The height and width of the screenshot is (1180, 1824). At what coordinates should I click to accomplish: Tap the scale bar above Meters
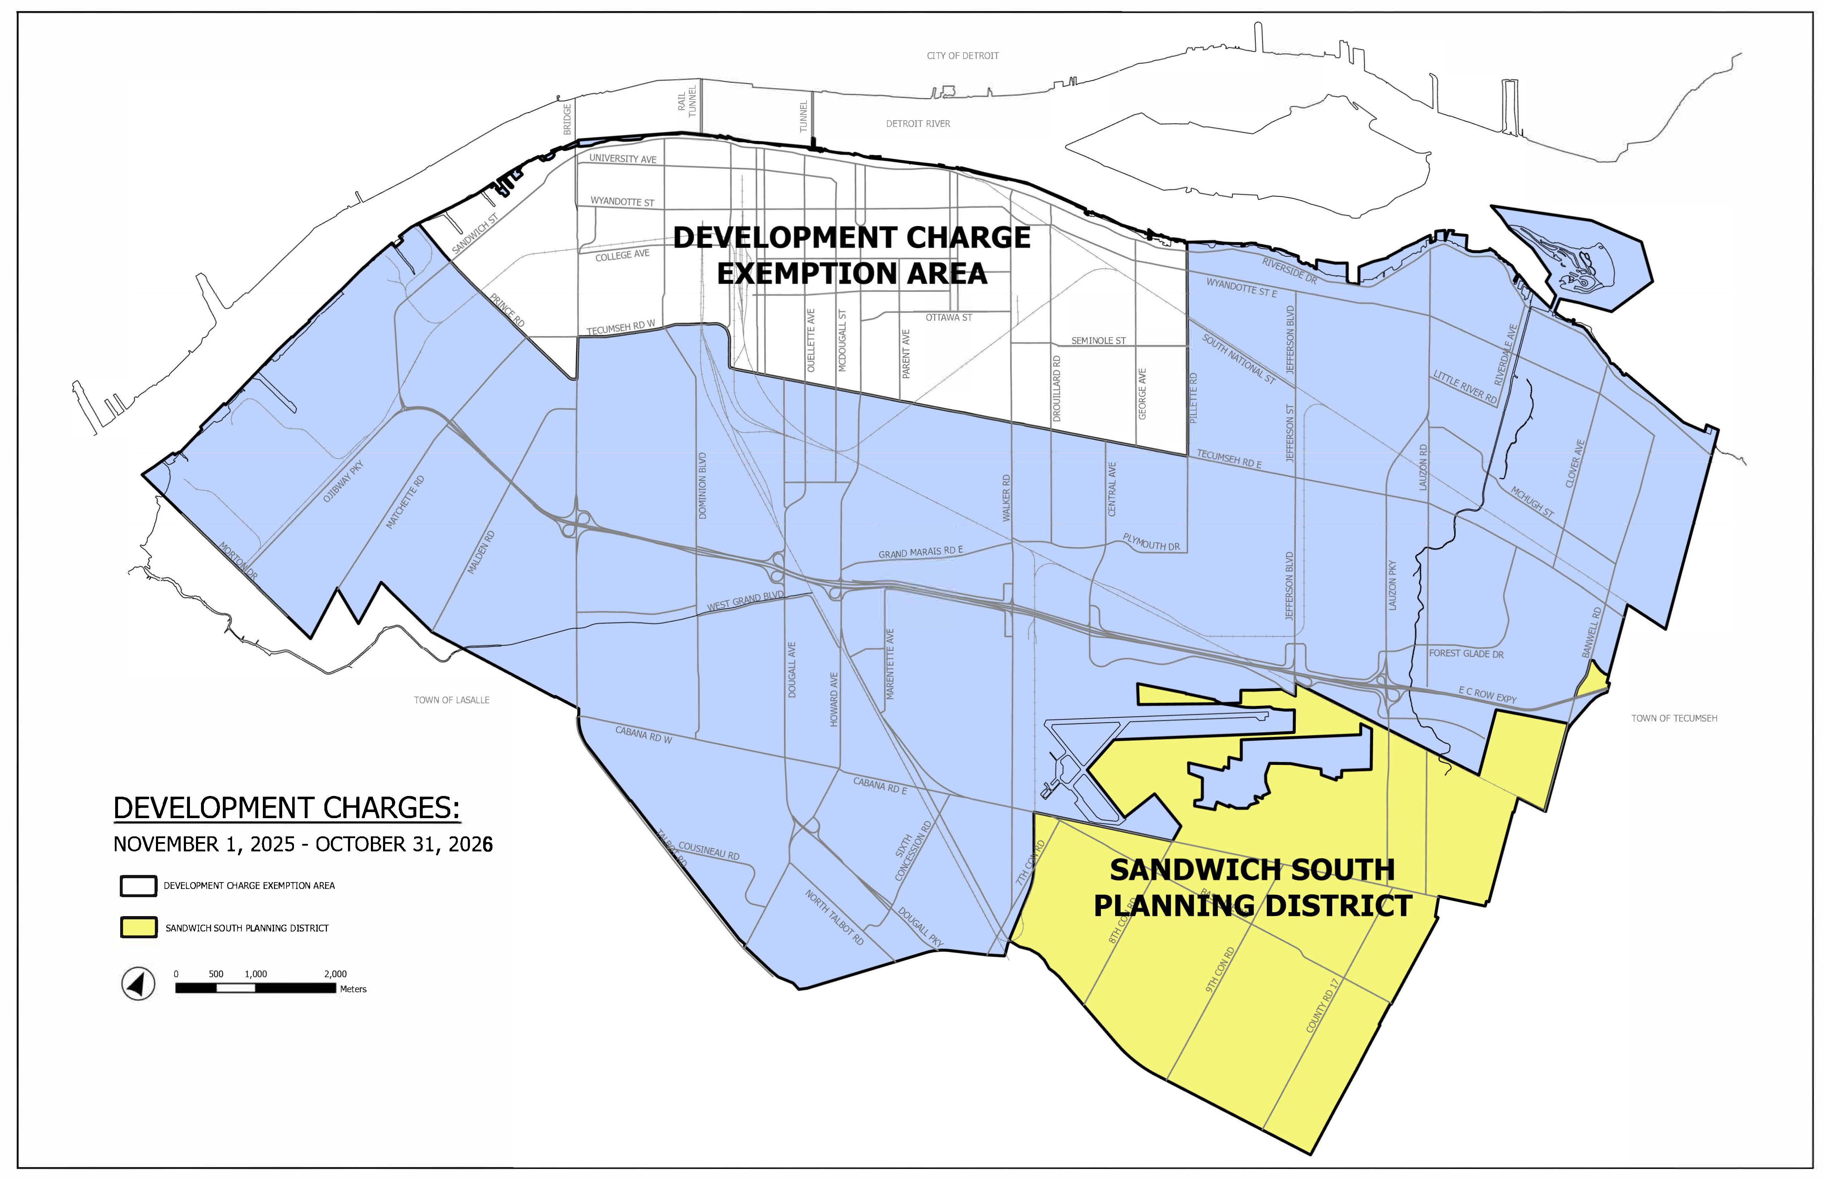coord(255,988)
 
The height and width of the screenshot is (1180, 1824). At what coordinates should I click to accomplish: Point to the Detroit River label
coord(917,123)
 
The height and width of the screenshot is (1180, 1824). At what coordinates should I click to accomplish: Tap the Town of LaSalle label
coord(451,699)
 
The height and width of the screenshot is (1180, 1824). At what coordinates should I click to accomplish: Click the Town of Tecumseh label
coord(1674,718)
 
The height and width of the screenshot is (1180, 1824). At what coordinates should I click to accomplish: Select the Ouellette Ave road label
coord(811,341)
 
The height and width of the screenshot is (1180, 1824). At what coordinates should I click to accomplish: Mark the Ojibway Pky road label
coord(343,481)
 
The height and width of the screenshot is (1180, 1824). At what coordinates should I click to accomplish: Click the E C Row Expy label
coord(1487,695)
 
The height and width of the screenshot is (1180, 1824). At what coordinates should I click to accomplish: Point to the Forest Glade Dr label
coord(1466,654)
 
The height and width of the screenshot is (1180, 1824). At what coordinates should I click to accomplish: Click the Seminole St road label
coord(1098,340)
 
